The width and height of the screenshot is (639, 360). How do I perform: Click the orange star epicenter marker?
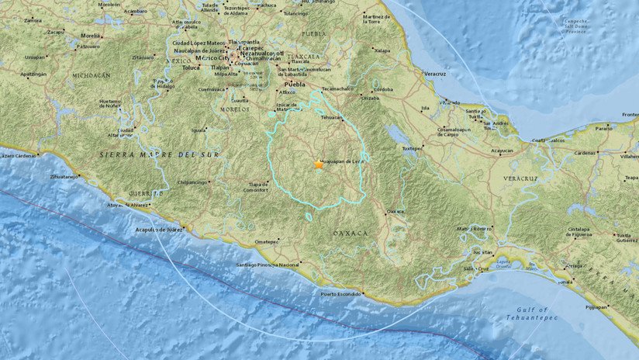point(318,164)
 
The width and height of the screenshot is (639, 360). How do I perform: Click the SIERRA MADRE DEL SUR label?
point(159,155)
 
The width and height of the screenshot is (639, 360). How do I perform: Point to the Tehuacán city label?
point(331,118)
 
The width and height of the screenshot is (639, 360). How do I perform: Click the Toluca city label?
point(192,67)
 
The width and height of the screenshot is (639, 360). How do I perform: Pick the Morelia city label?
point(92,35)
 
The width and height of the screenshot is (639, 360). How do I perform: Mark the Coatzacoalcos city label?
point(550,140)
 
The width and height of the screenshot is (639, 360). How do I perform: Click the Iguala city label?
point(199,130)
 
